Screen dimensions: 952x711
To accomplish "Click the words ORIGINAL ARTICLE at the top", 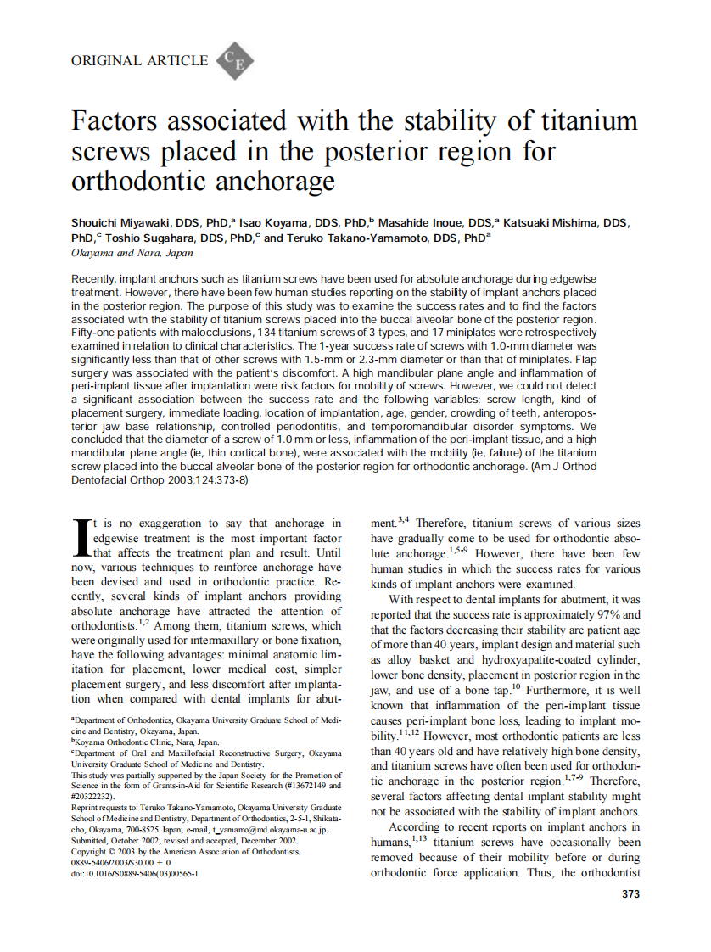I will click(x=140, y=60).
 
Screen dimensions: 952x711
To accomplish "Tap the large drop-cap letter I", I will click(x=81, y=539).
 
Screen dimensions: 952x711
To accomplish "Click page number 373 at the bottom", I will click(x=630, y=893).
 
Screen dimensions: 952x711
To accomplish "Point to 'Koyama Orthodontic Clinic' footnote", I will click(x=127, y=741).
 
